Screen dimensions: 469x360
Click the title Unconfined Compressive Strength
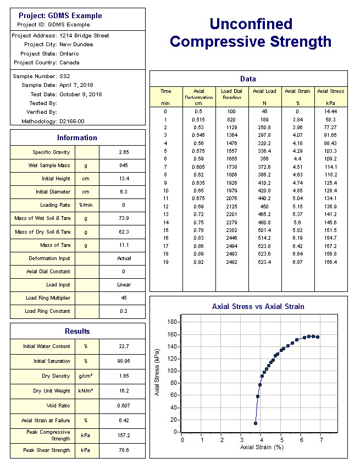[251, 32]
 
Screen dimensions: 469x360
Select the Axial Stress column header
[330, 91]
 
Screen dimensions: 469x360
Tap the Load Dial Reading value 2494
[232, 246]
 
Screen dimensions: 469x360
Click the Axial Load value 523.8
[264, 246]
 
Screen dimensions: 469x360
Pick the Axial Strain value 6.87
[297, 262]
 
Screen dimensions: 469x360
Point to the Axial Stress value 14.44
[330, 112]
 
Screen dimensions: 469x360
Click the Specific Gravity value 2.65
[124, 152]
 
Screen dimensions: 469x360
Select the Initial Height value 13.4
[124, 179]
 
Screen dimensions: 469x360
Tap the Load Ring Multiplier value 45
[124, 298]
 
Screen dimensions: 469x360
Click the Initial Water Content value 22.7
[124, 346]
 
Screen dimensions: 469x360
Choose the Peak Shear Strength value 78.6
[124, 450]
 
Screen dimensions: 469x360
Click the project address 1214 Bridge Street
[84, 36]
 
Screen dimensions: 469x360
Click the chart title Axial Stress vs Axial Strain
[258, 307]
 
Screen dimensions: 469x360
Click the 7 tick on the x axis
[320, 440]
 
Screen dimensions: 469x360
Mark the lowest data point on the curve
[256, 423]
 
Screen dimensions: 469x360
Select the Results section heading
[77, 332]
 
